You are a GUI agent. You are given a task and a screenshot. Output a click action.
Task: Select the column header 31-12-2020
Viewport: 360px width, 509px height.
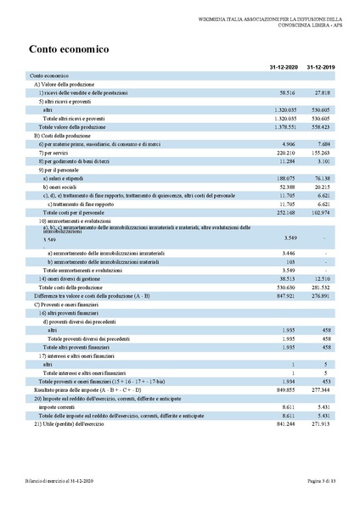click(x=279, y=67)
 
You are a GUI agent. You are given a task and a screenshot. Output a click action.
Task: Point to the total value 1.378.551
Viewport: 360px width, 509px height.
click(x=282, y=126)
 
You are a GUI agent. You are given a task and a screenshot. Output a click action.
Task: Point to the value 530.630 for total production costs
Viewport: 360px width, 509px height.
click(x=284, y=288)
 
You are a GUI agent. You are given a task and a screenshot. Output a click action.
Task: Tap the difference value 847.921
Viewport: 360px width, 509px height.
click(x=284, y=295)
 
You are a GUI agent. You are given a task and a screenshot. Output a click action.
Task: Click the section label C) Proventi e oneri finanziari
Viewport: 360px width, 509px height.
click(x=74, y=304)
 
